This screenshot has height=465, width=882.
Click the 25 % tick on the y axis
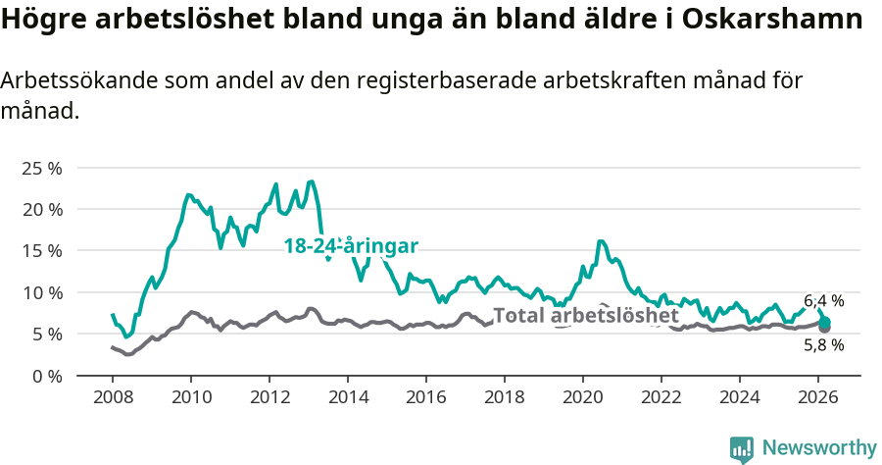pyautogui.click(x=40, y=168)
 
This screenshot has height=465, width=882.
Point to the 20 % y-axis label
pyautogui.click(x=40, y=209)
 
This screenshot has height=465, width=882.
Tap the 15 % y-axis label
pyautogui.click(x=40, y=250)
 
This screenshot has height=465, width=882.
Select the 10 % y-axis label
pyautogui.click(x=40, y=292)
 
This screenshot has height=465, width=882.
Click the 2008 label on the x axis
pyautogui.click(x=113, y=396)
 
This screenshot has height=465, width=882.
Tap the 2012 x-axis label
pyautogui.click(x=269, y=396)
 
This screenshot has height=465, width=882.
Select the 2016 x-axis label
pyautogui.click(x=426, y=396)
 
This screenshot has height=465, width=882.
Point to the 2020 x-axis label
pyautogui.click(x=583, y=396)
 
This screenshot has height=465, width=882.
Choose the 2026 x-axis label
pyautogui.click(x=818, y=396)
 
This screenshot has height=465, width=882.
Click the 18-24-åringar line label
pyautogui.click(x=352, y=246)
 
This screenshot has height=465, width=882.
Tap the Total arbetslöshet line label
pyautogui.click(x=585, y=316)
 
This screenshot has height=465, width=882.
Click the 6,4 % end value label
pyautogui.click(x=823, y=301)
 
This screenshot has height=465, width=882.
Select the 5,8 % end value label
pyautogui.click(x=823, y=345)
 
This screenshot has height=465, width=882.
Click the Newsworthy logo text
pyautogui.click(x=819, y=448)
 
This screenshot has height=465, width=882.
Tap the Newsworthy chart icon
pyautogui.click(x=742, y=449)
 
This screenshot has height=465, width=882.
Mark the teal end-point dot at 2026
pyautogui.click(x=825, y=323)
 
